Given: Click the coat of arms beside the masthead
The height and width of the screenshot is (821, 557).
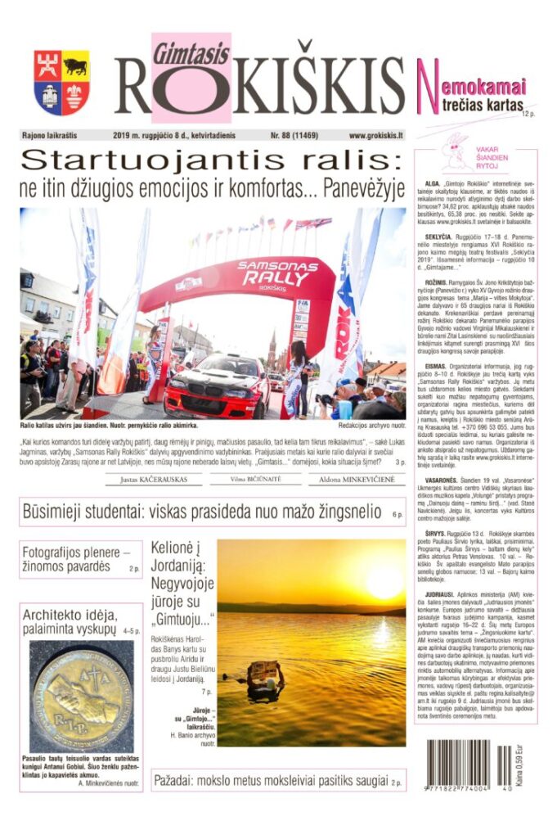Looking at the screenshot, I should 61,82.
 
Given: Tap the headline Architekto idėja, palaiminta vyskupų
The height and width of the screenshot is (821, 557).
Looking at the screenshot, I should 70,623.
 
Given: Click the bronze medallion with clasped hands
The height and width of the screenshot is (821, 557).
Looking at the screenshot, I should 80,697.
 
